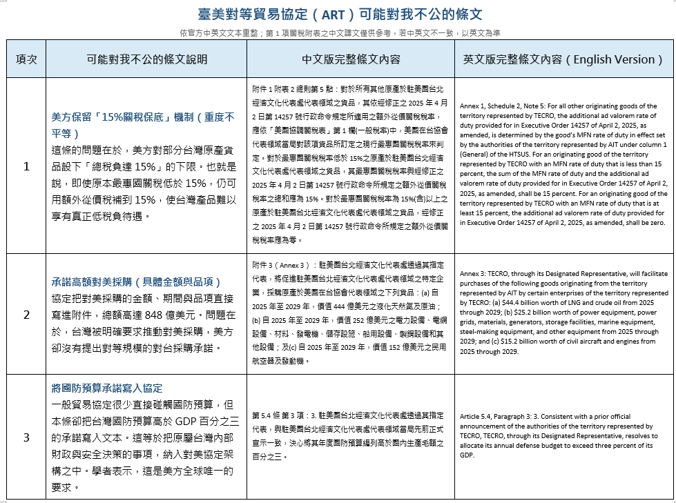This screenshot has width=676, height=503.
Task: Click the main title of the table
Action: (338, 14)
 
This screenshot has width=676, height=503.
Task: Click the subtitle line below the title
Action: (338, 32)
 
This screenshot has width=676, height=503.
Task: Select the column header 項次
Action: (26, 59)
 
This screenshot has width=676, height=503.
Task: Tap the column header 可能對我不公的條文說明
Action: (146, 59)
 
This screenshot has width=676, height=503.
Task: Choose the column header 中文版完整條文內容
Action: (350, 59)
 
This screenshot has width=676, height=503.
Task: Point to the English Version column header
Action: (563, 59)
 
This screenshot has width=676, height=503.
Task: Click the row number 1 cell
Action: (26, 166)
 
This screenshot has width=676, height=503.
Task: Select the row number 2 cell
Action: (26, 314)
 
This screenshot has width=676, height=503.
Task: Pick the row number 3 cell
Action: (26, 437)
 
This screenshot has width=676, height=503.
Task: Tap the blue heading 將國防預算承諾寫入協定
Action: (107, 388)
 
